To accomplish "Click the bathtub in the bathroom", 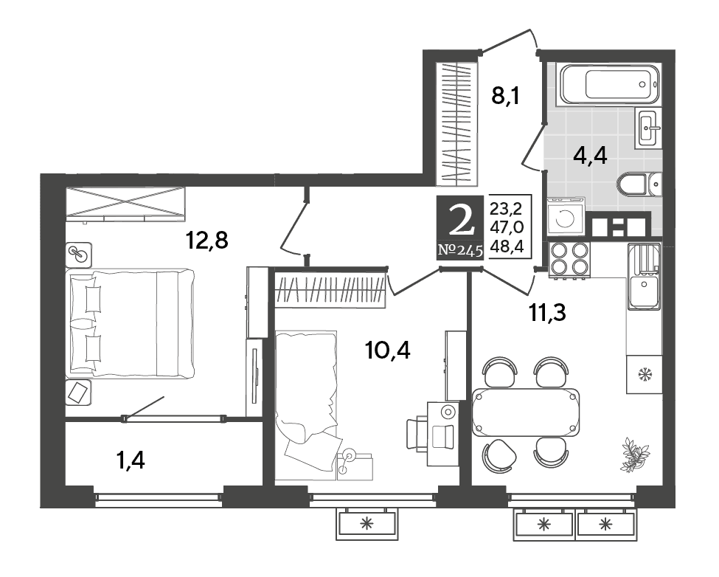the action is pyautogui.click(x=608, y=83).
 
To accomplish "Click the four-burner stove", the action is pyautogui.click(x=569, y=259).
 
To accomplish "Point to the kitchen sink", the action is pyautogui.click(x=645, y=277).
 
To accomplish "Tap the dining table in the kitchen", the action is pyautogui.click(x=525, y=412).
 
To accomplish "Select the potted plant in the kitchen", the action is pyautogui.click(x=635, y=454).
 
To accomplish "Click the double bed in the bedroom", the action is pyautogui.click(x=131, y=323).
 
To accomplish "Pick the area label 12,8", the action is pyautogui.click(x=206, y=240).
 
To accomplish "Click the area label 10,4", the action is pyautogui.click(x=387, y=351).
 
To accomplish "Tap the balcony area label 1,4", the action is pyautogui.click(x=131, y=460).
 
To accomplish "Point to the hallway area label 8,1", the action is pyautogui.click(x=506, y=97).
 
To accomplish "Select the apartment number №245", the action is pyautogui.click(x=460, y=250).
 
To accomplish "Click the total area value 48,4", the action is pyautogui.click(x=507, y=246).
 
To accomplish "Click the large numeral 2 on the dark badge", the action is pyautogui.click(x=460, y=221).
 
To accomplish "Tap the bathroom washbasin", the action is pyautogui.click(x=648, y=128).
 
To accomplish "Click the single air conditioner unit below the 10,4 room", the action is pyautogui.click(x=367, y=523).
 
